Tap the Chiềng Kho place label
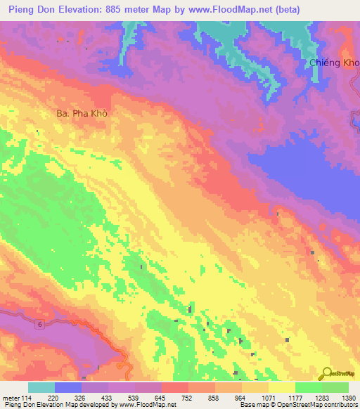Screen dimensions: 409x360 pos(335,63)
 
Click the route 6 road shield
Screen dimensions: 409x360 pos(40,323)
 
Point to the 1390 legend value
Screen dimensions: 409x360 pos(347,398)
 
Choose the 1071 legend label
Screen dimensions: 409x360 pos(268,398)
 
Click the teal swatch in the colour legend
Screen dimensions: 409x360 pos(41,387)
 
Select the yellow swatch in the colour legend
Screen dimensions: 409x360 pos(281,387)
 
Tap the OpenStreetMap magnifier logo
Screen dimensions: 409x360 pos(326,373)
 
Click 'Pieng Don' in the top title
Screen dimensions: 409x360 pos(31,9)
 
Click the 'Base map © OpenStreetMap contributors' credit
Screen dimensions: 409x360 pos(298,405)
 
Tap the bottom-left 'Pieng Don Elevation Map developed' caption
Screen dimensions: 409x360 pos(56,405)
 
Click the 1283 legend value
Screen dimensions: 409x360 pos(321,398)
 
